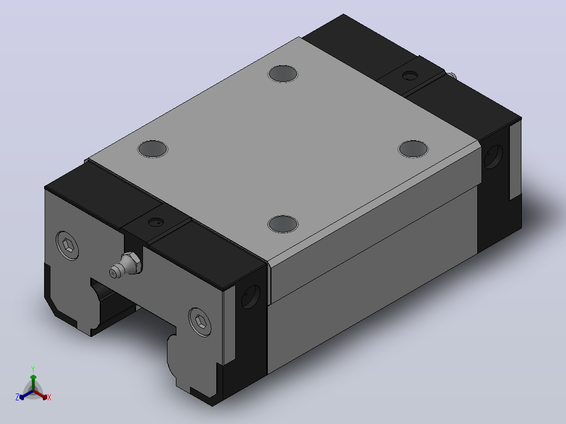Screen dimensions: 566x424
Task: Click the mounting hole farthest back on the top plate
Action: click(x=283, y=74)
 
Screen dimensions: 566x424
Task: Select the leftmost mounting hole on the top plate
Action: click(x=153, y=149)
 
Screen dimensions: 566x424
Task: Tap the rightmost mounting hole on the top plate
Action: click(x=413, y=149)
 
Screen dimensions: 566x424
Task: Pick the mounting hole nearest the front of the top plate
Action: click(x=283, y=224)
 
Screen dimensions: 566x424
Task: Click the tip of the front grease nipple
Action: click(x=113, y=274)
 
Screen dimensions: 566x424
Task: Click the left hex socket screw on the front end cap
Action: click(x=68, y=246)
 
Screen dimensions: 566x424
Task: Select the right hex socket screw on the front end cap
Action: click(x=201, y=322)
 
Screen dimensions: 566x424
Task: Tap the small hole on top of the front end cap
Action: click(x=156, y=222)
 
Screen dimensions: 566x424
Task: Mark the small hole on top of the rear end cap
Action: click(x=410, y=76)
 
